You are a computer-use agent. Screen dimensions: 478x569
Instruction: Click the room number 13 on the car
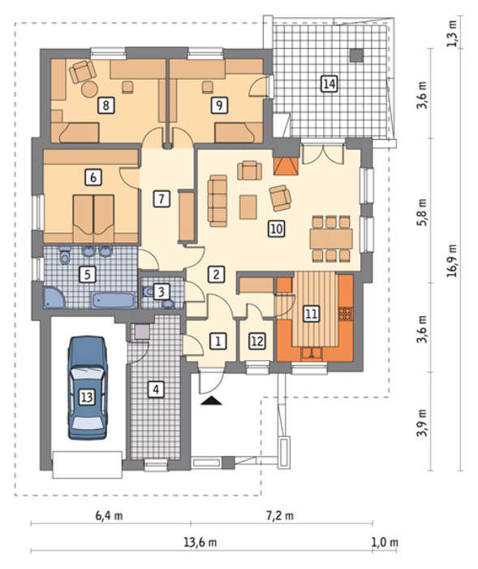(87, 397)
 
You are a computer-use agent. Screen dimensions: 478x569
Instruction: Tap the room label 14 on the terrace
(329, 84)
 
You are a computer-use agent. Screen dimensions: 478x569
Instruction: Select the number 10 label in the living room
(276, 229)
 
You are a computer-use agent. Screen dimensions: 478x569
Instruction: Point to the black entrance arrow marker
(211, 400)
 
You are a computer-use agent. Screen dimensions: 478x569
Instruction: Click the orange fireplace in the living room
(286, 166)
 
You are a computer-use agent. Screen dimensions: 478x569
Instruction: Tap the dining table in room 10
(331, 238)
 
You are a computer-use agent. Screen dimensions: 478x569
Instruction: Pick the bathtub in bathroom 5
(113, 300)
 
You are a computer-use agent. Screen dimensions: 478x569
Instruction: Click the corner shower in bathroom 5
(54, 298)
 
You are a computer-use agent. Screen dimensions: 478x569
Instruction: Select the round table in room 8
(89, 89)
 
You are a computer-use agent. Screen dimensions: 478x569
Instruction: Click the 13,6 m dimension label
(200, 542)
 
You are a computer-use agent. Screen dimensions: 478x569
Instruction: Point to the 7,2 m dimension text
(280, 515)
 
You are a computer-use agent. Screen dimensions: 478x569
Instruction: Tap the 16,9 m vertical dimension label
(452, 261)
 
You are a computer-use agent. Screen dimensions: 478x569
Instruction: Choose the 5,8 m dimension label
(422, 212)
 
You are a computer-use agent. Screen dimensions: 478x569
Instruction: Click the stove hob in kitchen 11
(346, 314)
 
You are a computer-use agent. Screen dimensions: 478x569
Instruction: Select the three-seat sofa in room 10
(217, 201)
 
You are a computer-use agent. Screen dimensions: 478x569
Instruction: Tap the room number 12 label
(257, 341)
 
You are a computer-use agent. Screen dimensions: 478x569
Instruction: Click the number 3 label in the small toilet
(161, 291)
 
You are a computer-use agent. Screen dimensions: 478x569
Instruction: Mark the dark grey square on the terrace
(356, 55)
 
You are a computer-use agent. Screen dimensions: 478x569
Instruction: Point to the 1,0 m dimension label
(385, 542)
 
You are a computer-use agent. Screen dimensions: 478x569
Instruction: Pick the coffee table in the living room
(248, 206)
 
